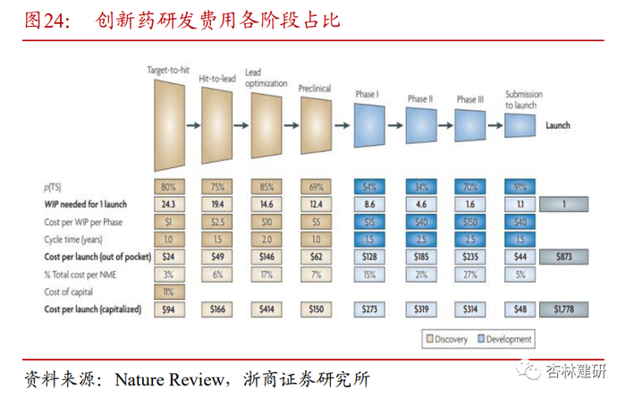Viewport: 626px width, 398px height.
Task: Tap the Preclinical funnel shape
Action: (x=314, y=121)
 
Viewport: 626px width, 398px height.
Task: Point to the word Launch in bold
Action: (x=558, y=126)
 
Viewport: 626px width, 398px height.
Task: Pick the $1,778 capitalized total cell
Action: (x=565, y=309)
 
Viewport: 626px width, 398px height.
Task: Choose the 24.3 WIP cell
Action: (x=167, y=205)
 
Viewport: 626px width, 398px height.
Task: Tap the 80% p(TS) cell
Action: (x=167, y=187)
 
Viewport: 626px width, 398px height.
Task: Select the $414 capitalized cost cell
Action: (x=265, y=309)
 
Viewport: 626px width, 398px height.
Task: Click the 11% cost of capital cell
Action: (x=167, y=292)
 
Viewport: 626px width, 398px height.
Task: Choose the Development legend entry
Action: (x=505, y=339)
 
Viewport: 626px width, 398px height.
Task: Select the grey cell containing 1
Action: (x=565, y=205)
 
